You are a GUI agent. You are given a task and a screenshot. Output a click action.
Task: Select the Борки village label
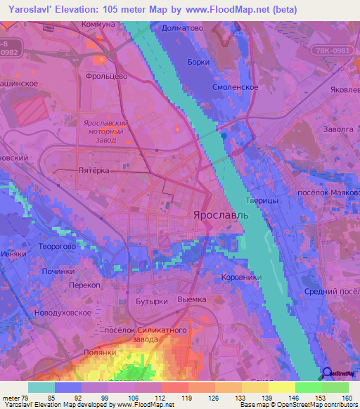[x=198, y=62]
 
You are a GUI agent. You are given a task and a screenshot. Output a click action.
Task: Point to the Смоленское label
[x=236, y=88]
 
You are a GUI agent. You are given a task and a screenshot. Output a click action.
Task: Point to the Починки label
[x=58, y=271]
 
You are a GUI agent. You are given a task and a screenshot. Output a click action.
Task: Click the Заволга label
[x=340, y=129]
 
